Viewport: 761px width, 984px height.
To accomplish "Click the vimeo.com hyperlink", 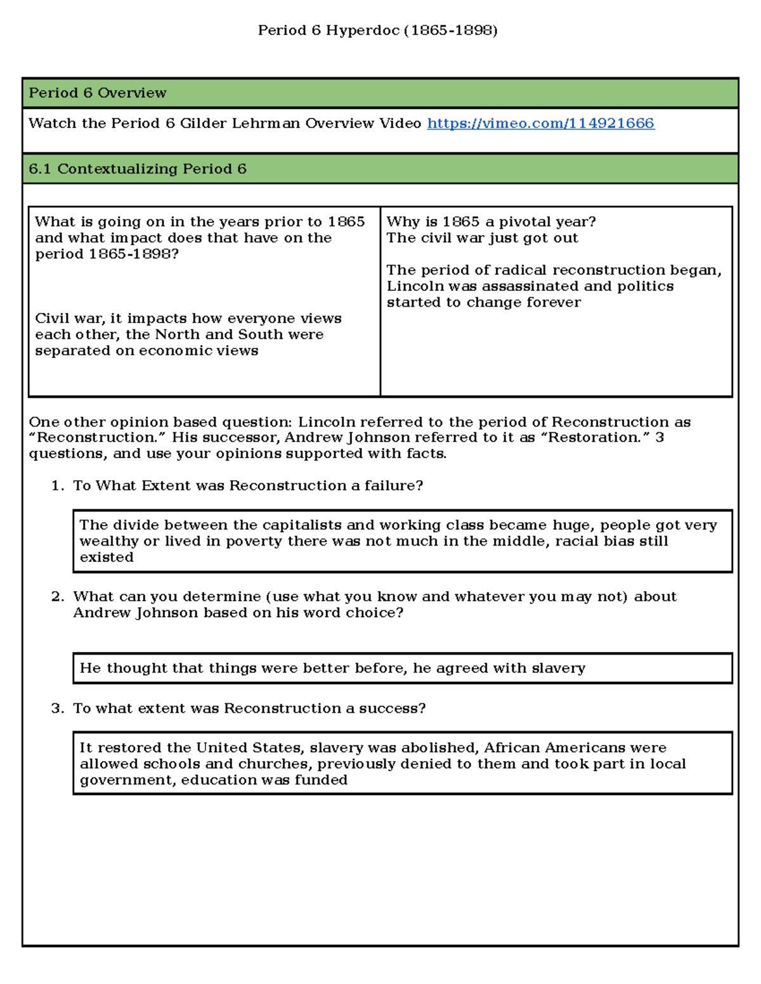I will [540, 124].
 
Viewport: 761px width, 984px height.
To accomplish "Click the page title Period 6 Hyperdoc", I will [377, 30].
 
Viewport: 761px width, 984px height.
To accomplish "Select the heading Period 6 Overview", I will [98, 93].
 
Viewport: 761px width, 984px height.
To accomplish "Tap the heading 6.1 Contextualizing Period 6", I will [138, 169].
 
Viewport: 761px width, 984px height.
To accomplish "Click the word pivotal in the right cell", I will [522, 222].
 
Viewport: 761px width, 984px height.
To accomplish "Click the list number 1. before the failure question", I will [58, 486].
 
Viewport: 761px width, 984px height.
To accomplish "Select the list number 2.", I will [58, 597].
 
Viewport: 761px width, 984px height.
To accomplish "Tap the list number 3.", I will [58, 708].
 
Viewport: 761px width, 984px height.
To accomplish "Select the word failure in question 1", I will [393, 486].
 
